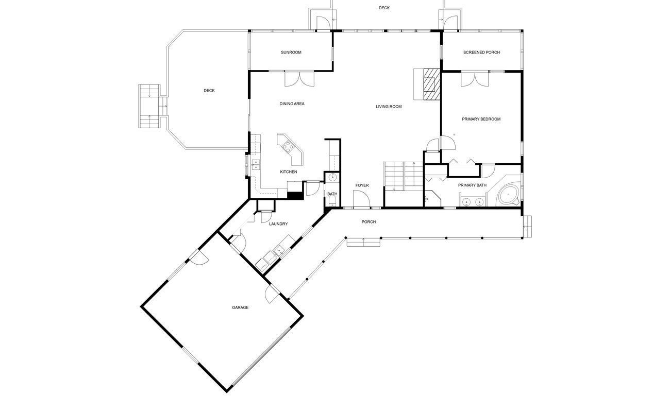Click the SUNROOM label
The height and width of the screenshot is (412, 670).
(x=291, y=53)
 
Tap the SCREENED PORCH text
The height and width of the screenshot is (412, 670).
(x=481, y=53)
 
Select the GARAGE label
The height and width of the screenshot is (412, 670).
(x=240, y=307)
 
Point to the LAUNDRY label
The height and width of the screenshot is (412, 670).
(x=278, y=224)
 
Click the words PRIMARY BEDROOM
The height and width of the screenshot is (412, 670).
(x=481, y=119)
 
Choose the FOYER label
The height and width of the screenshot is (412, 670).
(x=362, y=185)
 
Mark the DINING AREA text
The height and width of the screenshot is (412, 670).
(x=292, y=104)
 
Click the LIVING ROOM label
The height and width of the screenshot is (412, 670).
(x=389, y=107)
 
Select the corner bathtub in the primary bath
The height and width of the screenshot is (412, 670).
(x=508, y=195)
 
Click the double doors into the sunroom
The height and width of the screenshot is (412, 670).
(x=299, y=78)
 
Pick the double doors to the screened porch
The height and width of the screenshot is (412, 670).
(x=475, y=79)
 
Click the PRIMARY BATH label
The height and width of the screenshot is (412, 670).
(x=472, y=185)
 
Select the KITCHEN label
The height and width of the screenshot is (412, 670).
(x=288, y=172)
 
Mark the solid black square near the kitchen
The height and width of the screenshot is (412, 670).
(x=295, y=195)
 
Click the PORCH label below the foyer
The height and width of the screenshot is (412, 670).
(x=368, y=222)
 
